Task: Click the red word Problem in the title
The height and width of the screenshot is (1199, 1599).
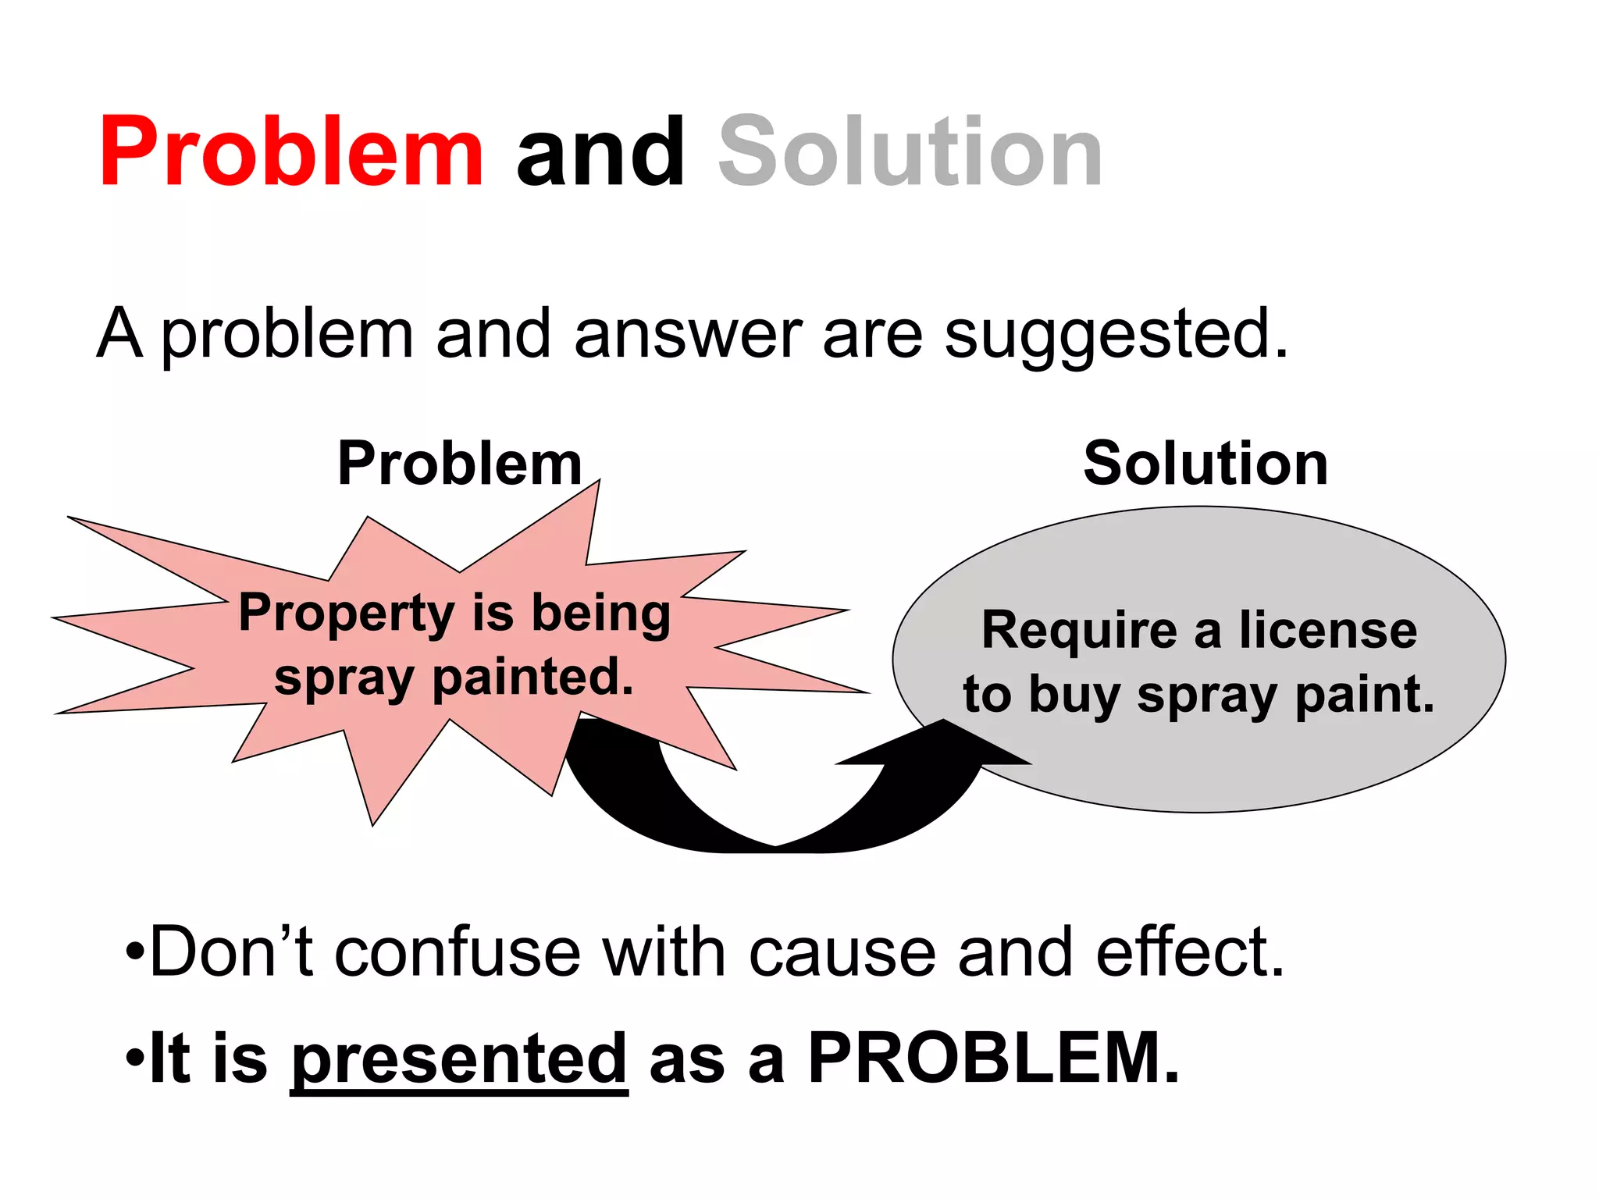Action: point(290,152)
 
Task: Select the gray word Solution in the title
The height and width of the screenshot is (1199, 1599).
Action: point(910,152)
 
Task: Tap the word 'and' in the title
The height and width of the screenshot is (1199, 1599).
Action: point(600,152)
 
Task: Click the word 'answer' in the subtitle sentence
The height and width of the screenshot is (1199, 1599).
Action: point(688,334)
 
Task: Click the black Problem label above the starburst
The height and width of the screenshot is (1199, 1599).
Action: point(460,464)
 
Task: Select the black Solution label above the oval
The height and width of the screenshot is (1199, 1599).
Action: point(1205,464)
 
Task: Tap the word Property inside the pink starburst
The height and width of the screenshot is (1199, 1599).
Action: point(346,614)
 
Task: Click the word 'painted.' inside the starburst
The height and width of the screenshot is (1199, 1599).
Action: point(532,677)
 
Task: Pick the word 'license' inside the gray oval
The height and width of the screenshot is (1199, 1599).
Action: point(1327,630)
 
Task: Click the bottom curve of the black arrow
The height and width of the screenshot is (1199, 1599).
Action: point(773,843)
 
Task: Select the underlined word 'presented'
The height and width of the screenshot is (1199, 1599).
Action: point(459,1059)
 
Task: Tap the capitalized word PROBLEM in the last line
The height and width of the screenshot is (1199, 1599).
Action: point(993,1058)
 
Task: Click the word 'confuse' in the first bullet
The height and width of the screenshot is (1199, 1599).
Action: point(458,952)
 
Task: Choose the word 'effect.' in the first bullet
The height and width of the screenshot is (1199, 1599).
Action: point(1190,952)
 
